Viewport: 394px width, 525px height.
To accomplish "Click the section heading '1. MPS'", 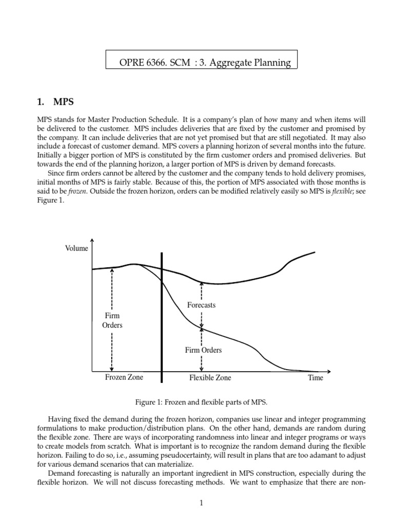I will [54, 102].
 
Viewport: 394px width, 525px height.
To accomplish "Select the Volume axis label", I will [76, 249].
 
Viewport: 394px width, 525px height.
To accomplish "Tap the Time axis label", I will [316, 378].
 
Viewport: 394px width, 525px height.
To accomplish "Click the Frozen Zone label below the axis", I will [124, 378].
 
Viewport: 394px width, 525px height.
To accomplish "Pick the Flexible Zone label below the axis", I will [210, 378].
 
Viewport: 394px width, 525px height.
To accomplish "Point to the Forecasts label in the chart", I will [202, 305].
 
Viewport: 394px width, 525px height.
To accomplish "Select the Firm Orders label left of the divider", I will [113, 320].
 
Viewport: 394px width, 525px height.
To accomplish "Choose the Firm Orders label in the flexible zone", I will [203, 350].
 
